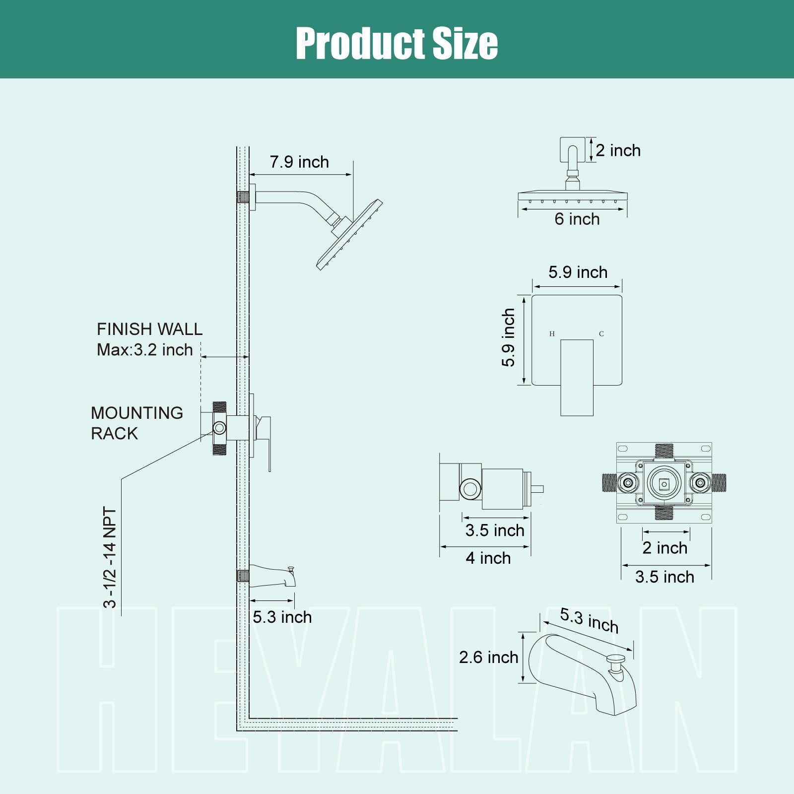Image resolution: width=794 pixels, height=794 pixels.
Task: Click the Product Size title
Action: [397, 43]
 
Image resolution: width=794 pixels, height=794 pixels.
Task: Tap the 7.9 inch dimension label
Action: [299, 162]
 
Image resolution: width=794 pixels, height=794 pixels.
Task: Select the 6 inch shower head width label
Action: [577, 219]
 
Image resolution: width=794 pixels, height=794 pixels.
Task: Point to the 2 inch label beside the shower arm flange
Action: [618, 150]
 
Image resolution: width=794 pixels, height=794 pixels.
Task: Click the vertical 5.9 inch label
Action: [508, 338]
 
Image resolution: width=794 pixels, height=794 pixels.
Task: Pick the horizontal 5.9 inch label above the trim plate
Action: [578, 272]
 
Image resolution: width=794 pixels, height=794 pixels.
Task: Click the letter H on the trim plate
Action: [552, 334]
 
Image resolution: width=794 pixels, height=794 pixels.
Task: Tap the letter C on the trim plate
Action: [601, 334]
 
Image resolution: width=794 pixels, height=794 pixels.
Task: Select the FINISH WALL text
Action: [150, 329]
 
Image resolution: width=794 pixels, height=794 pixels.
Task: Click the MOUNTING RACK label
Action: [137, 423]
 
